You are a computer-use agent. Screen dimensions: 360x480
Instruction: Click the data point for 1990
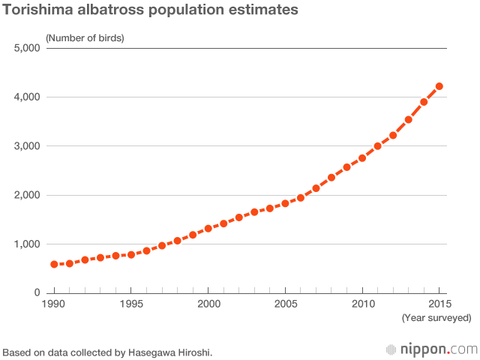(x=54, y=265)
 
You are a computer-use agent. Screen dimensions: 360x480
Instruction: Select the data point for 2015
(x=439, y=86)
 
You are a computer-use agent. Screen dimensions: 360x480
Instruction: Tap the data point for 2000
(x=208, y=229)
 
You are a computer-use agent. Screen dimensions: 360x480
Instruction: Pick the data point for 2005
(x=285, y=203)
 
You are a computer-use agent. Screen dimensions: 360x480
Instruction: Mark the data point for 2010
(x=362, y=158)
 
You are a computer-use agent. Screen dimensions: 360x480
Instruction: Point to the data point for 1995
(x=131, y=255)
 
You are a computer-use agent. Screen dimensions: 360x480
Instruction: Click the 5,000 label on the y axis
(x=28, y=49)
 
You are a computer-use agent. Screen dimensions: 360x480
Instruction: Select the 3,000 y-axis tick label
(x=28, y=146)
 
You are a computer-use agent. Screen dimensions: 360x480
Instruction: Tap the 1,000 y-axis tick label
(x=28, y=244)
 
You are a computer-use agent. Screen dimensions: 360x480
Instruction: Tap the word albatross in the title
(x=116, y=10)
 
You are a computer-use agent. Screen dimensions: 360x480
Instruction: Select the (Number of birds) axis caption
(x=85, y=37)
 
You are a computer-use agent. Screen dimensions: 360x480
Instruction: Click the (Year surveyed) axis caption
(x=436, y=318)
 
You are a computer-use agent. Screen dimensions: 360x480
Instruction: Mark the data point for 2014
(x=424, y=102)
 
